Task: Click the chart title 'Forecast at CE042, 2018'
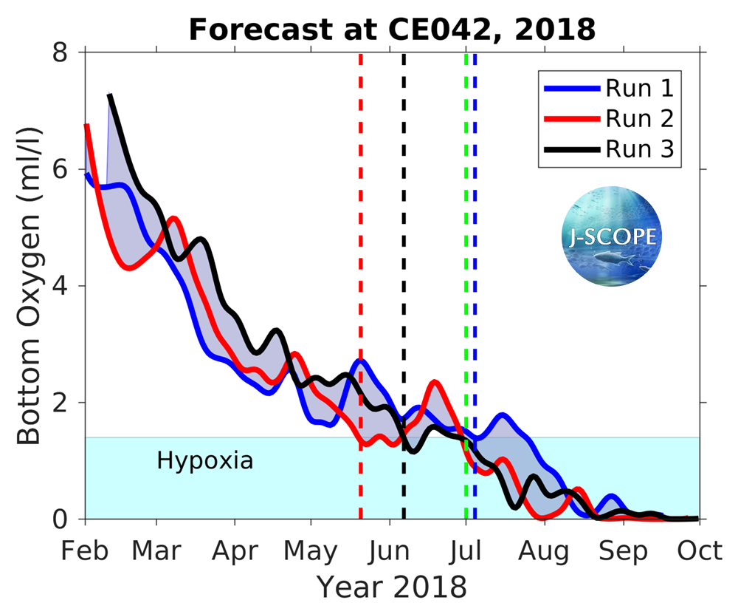pyautogui.click(x=391, y=30)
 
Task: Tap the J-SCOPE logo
pyautogui.click(x=612, y=236)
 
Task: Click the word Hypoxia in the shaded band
pyautogui.click(x=205, y=461)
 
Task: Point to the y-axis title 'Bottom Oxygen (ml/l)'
pyautogui.click(x=30, y=285)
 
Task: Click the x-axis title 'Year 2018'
pyautogui.click(x=391, y=587)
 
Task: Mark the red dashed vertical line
pyautogui.click(x=361, y=222)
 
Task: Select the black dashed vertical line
pyautogui.click(x=404, y=222)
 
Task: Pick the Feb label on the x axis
pyautogui.click(x=86, y=551)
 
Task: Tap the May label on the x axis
pyautogui.click(x=311, y=551)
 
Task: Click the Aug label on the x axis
pyautogui.click(x=545, y=551)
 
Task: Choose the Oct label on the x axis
pyautogui.click(x=698, y=551)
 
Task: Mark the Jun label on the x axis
pyautogui.click(x=389, y=551)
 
